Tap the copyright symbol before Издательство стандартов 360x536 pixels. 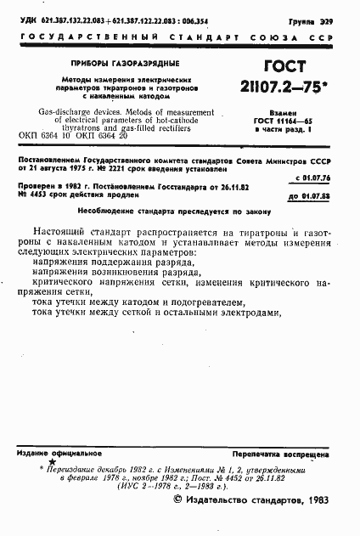[179, 499]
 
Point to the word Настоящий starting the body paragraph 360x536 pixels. [61, 233]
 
